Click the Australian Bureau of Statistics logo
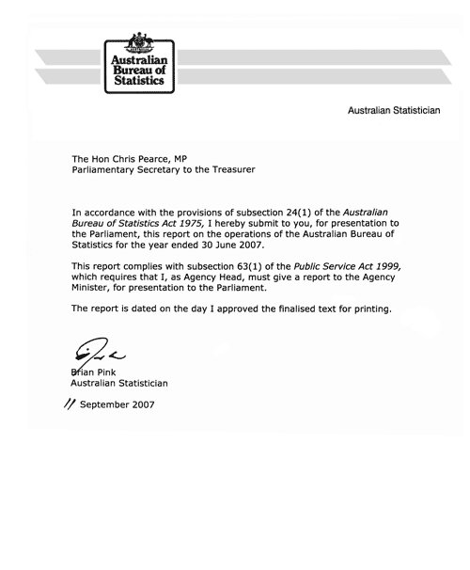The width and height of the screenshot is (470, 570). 137,62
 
